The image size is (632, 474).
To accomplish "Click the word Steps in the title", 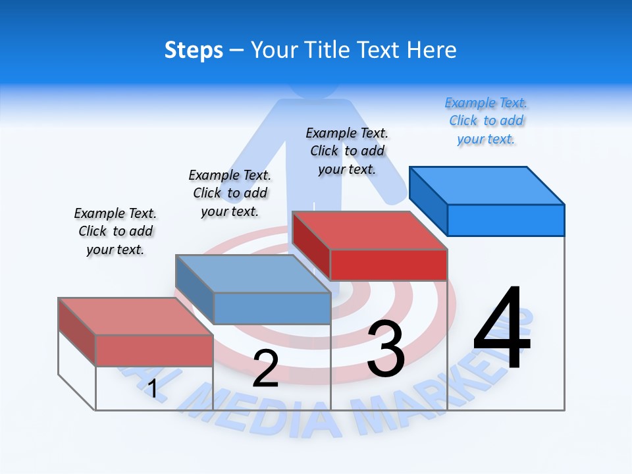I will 194,51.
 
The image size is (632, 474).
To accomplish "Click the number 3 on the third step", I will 386,348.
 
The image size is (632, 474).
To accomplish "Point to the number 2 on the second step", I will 265,368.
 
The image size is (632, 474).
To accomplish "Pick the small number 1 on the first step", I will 153,388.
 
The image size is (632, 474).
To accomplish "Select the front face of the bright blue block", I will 506,220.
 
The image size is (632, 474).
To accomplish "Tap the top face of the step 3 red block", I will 369,230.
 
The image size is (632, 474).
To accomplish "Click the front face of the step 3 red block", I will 388,265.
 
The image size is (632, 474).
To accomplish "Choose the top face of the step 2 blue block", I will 253,274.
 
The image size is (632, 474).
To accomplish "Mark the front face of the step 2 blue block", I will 272,308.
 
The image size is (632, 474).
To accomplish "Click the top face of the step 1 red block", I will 136,317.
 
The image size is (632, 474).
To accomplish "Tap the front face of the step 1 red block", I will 154,350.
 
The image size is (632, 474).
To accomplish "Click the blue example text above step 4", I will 486,121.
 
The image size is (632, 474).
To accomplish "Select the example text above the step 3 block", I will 347,151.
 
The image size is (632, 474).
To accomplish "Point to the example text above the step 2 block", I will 230,193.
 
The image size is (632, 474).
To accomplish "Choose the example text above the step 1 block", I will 115,231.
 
